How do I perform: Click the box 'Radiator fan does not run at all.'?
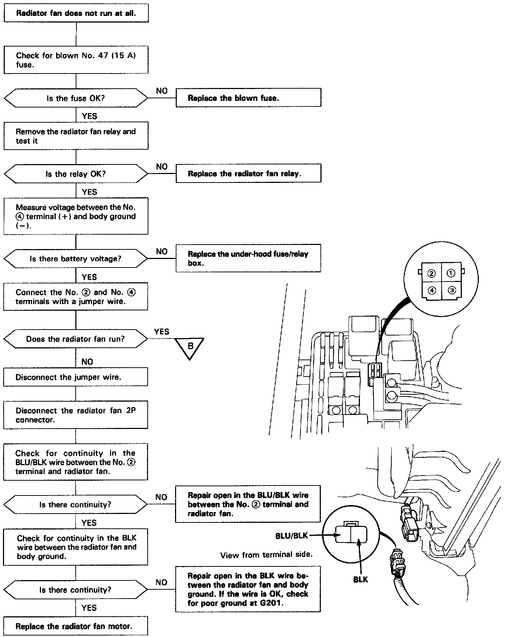coord(76,13)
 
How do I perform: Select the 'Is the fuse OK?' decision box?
coord(76,98)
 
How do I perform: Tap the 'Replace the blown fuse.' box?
coord(248,98)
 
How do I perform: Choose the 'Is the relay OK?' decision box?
coord(76,174)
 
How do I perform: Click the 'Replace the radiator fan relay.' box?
coord(248,174)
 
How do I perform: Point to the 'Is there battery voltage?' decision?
coord(76,259)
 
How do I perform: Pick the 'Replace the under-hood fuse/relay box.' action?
coord(248,258)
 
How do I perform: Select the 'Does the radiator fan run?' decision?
coord(76,339)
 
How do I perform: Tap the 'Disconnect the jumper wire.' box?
coord(76,377)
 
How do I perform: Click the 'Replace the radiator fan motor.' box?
coord(76,626)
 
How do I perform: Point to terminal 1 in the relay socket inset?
coord(451,273)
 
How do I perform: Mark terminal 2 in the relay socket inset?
coord(432,273)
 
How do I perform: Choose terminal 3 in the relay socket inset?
coord(452,290)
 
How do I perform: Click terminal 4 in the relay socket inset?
coord(432,290)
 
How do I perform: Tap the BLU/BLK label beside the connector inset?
coord(292,536)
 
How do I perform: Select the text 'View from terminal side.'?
coord(266,555)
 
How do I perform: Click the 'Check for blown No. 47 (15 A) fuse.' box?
coord(76,60)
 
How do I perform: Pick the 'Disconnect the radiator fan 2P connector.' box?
coord(76,415)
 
